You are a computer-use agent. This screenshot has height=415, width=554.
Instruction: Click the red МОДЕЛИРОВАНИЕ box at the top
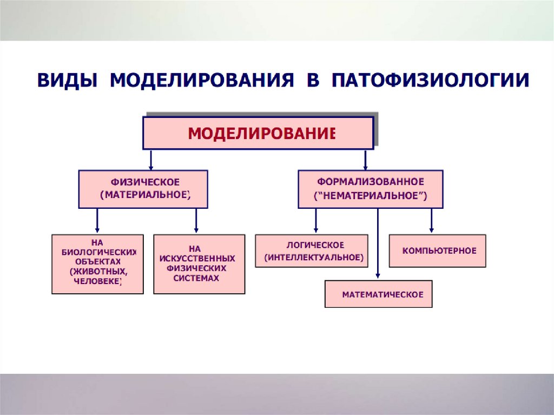[x=258, y=133]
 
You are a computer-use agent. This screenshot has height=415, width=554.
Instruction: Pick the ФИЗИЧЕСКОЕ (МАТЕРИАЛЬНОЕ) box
[x=143, y=189]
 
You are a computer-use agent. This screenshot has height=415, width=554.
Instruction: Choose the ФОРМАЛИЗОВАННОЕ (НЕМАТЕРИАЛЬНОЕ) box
[x=371, y=189]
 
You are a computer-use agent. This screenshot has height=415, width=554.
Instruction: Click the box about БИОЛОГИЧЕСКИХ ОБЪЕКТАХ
[x=97, y=264]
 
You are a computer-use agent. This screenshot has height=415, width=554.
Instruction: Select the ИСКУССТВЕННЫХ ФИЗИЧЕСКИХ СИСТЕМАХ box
[x=199, y=264]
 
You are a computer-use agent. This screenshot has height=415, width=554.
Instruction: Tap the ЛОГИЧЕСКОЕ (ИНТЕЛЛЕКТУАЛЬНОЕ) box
[x=312, y=251]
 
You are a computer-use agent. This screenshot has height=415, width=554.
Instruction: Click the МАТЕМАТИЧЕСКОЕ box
[x=378, y=294]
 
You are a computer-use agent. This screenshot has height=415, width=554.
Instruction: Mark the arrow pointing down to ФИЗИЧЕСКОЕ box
[x=151, y=160]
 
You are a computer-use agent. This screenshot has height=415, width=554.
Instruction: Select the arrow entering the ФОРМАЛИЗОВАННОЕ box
[x=366, y=160]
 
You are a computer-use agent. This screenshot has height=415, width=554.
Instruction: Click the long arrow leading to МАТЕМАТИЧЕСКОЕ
[x=378, y=243]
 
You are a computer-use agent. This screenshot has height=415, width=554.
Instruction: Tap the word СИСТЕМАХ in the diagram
[x=196, y=278]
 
